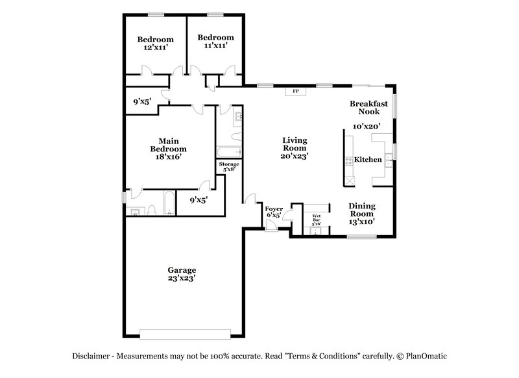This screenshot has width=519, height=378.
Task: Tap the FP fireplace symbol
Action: point(296,91)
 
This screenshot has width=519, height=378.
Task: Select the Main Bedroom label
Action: point(163,144)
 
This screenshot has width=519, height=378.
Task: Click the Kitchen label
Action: point(368,160)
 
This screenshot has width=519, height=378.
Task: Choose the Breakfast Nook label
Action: point(369,107)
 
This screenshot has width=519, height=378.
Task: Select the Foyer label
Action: point(273,208)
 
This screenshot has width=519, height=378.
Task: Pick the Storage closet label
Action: point(228,164)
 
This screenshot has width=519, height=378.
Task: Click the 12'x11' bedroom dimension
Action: point(155,47)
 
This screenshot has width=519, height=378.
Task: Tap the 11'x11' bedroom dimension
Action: point(215,45)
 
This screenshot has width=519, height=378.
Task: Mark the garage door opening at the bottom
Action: point(184,334)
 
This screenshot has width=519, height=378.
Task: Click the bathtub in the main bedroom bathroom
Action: point(168,203)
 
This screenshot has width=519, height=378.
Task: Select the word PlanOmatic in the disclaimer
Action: point(429,357)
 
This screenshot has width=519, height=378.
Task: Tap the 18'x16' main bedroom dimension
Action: point(163,156)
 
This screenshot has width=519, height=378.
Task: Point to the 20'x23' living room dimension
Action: point(295,156)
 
